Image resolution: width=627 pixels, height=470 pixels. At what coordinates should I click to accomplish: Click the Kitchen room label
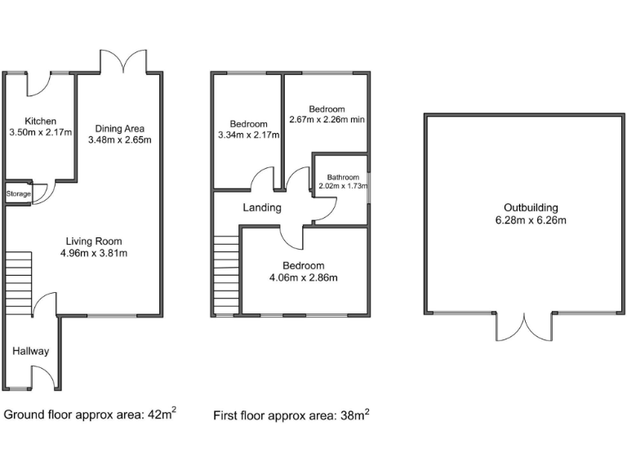[40, 121]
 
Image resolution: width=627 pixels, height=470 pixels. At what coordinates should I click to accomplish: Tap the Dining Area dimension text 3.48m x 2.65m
[119, 140]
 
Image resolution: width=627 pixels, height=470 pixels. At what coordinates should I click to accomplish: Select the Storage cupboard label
[18, 194]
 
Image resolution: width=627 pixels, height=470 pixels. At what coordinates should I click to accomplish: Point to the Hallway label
[30, 352]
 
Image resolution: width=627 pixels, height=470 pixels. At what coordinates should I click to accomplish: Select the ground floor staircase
[18, 282]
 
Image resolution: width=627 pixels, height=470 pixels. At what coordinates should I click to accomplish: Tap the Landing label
[262, 207]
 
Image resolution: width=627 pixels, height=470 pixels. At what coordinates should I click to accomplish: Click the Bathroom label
[343, 177]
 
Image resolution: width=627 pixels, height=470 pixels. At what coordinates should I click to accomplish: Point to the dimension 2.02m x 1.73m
[343, 186]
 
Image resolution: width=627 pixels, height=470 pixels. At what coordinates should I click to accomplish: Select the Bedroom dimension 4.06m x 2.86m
[303, 277]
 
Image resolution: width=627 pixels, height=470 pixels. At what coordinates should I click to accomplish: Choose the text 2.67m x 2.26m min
[327, 119]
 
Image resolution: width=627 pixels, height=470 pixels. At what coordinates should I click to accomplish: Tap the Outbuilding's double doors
[522, 326]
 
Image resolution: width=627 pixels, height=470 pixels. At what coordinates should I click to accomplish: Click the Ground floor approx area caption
[90, 415]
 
